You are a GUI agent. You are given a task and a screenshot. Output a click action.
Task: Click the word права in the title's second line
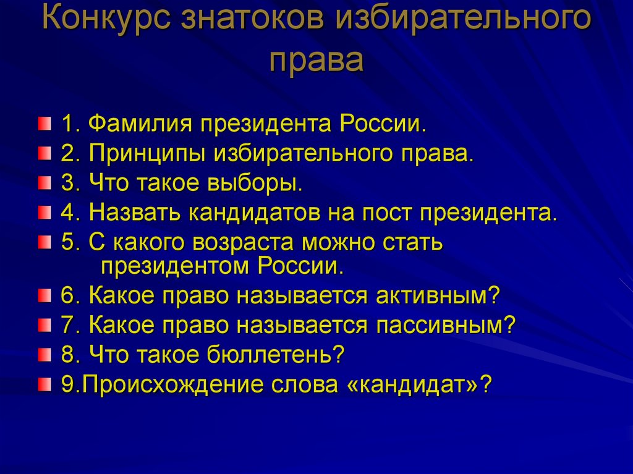(x=316, y=61)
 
